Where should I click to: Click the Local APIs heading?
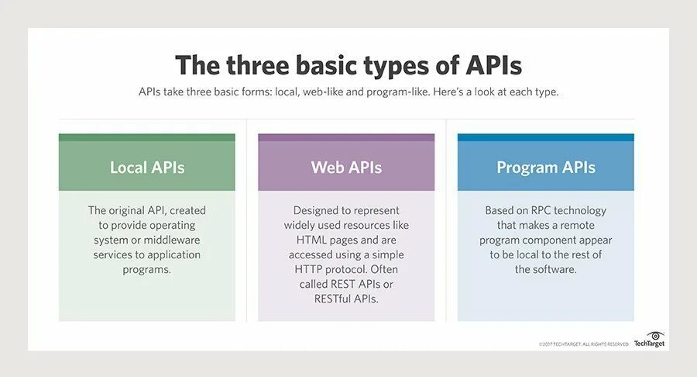147,168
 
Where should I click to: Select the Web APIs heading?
346,168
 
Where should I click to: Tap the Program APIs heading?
546,168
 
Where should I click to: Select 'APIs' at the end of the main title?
494,66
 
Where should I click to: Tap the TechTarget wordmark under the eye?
649,344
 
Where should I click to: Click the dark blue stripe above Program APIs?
546,137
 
